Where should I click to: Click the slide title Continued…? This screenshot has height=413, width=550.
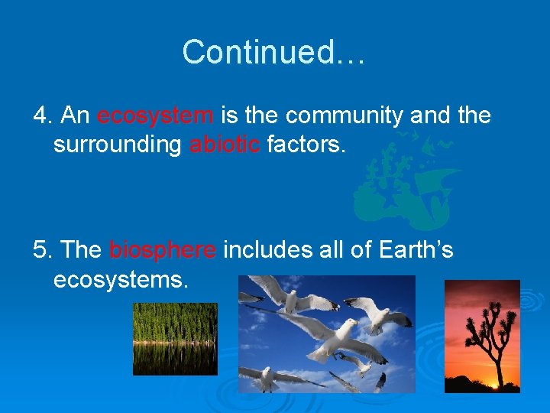click(x=274, y=52)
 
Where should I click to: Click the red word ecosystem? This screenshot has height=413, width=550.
click(x=155, y=116)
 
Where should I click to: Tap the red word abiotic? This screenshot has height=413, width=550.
click(x=225, y=145)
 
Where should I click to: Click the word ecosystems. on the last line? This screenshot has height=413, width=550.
click(x=120, y=279)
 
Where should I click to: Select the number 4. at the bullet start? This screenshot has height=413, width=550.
click(x=43, y=116)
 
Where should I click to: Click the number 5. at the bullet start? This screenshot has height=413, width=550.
click(x=43, y=250)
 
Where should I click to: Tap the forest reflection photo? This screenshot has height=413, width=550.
click(x=175, y=339)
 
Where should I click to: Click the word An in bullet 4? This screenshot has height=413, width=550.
click(x=75, y=116)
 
